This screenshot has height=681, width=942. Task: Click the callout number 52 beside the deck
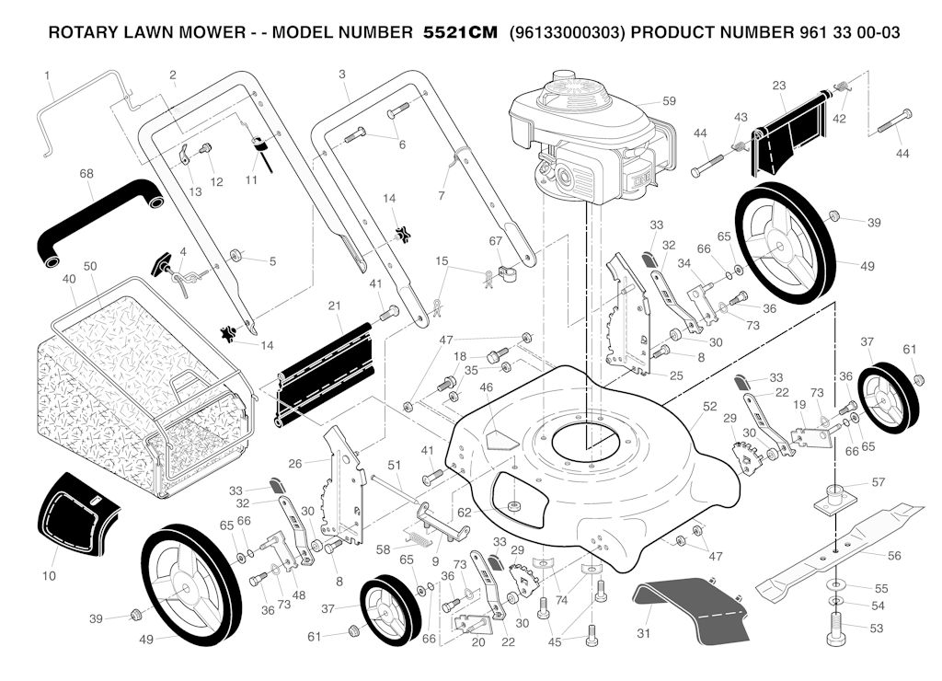tap(709, 406)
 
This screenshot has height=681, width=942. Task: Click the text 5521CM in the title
tap(459, 33)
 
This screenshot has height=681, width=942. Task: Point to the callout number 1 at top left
tap(47, 74)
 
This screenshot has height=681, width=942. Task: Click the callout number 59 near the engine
tap(669, 100)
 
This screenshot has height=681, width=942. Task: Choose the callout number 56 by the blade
tap(893, 556)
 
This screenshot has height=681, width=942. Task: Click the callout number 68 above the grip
tap(86, 172)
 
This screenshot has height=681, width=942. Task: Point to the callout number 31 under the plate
tap(643, 633)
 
